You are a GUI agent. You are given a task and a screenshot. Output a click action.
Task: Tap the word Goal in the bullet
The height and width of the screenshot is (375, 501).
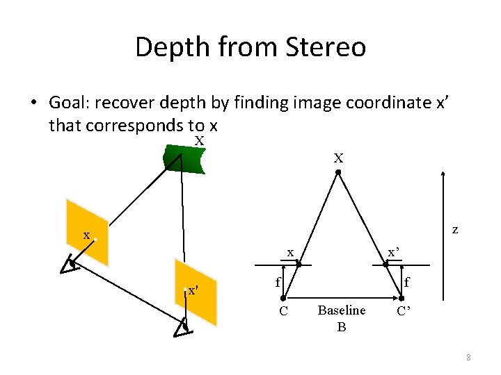coord(69,103)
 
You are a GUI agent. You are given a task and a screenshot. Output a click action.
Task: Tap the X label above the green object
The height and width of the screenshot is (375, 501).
coord(199,142)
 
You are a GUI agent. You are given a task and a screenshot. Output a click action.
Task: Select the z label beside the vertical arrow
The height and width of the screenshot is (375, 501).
coord(454,228)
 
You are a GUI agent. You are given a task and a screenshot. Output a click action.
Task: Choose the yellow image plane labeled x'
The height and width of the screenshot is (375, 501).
coord(195,291)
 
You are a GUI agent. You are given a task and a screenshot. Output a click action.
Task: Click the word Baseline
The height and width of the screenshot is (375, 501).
coord(341,310)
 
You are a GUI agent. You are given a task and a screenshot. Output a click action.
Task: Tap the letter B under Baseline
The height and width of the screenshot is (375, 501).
coord(341,326)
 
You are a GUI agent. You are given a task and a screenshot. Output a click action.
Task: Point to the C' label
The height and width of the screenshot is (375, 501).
coord(404,310)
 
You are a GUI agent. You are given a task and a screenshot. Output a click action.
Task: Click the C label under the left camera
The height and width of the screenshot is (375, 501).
coord(283,310)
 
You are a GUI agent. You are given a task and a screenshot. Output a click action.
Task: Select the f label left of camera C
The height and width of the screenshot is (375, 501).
coord(277,282)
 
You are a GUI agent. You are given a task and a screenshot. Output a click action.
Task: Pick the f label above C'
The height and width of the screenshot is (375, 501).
coord(406,282)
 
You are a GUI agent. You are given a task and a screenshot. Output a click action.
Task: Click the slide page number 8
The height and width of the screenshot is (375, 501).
coord(468,357)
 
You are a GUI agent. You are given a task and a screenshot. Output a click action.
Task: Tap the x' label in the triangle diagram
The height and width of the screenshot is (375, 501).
coord(394,252)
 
